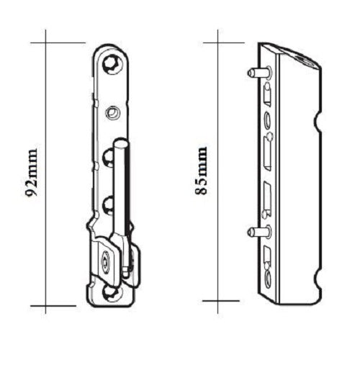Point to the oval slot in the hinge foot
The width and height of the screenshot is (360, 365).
tap(106, 262)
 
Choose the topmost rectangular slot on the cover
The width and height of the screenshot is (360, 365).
tap(268, 94)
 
